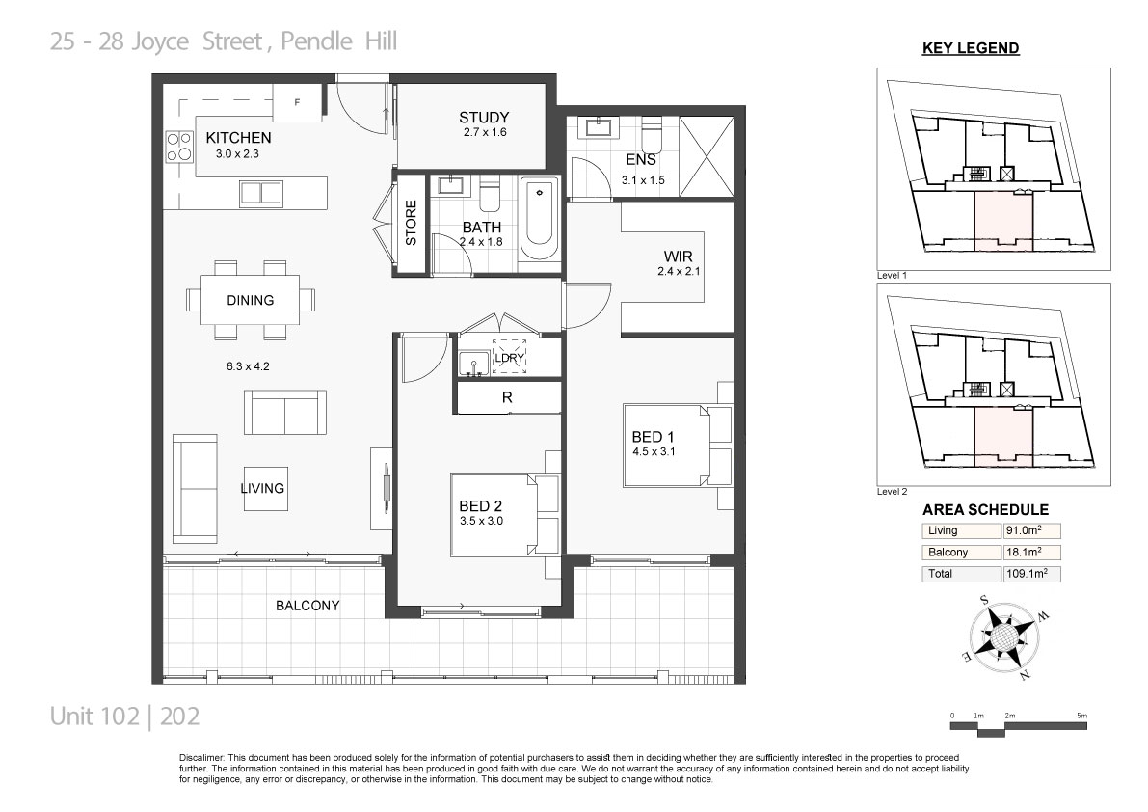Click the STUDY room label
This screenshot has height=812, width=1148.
[x=484, y=117]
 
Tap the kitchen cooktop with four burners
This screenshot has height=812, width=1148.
[x=178, y=147]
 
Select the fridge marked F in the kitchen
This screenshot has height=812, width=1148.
[x=297, y=102]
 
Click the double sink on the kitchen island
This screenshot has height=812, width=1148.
[x=260, y=193]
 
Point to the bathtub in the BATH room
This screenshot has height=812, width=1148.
[x=540, y=217]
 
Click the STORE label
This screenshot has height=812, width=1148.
[x=411, y=224]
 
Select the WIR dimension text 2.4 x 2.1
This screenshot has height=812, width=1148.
[x=679, y=271]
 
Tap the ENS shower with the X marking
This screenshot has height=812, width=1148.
[x=706, y=156]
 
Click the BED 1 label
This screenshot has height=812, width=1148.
[x=654, y=437]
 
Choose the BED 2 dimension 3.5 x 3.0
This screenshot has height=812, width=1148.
[x=481, y=522]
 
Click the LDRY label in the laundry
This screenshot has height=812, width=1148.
[x=510, y=358]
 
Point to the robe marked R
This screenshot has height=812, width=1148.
[x=507, y=397]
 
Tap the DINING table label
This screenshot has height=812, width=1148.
[x=251, y=300]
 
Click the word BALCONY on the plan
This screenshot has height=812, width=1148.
[x=307, y=606]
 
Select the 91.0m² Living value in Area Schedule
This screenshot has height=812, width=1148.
[x=1024, y=530]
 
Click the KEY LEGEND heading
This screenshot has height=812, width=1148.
[x=971, y=48]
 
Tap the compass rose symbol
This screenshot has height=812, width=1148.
[x=1004, y=636]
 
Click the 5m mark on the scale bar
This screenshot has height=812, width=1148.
[x=1082, y=716]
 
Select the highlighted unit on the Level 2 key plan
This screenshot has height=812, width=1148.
[x=1003, y=437]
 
